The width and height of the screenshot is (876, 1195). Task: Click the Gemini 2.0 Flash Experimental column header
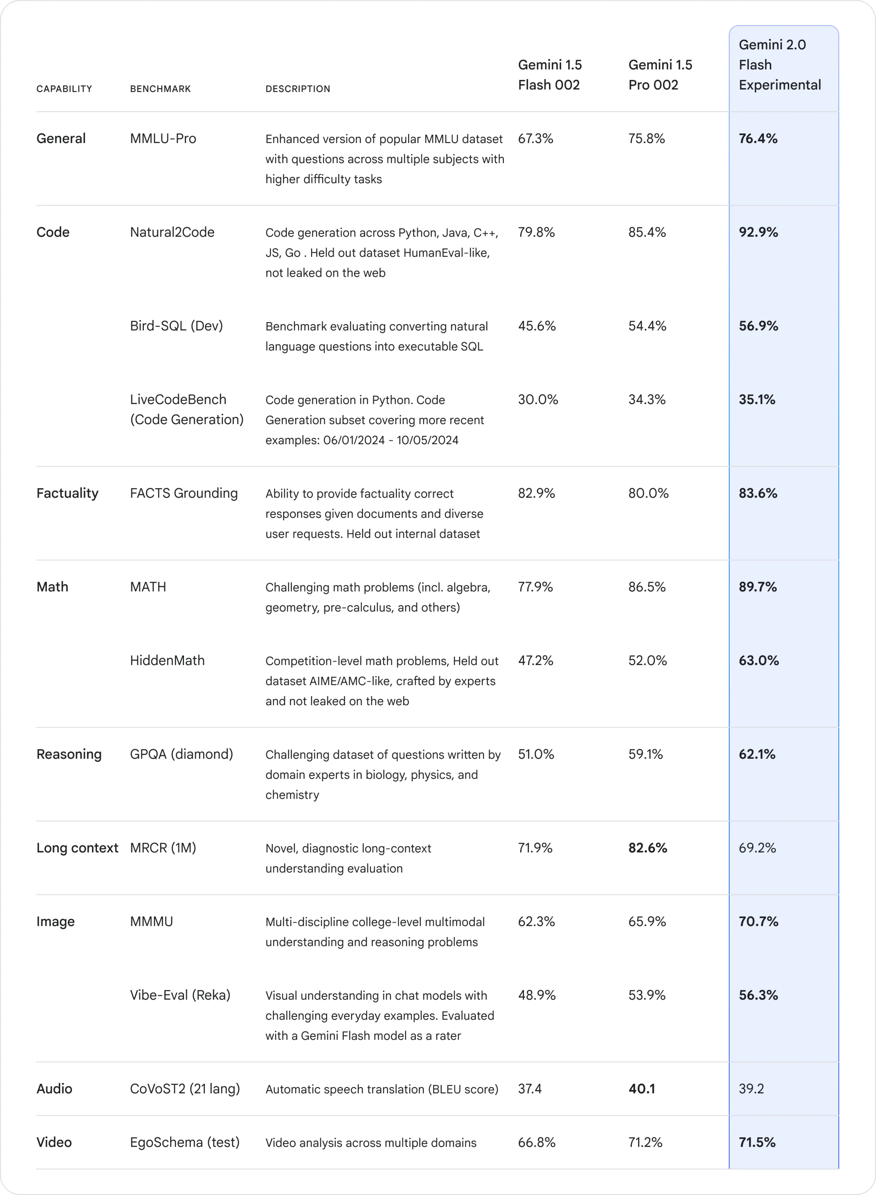click(x=779, y=65)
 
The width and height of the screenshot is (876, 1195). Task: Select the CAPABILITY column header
click(x=64, y=89)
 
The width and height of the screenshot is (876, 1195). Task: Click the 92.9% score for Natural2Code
click(x=758, y=232)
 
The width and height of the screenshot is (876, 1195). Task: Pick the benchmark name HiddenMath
click(x=167, y=660)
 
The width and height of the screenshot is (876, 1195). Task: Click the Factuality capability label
click(x=67, y=493)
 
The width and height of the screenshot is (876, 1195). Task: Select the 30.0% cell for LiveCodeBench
click(x=538, y=399)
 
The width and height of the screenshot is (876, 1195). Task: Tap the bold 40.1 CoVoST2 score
click(x=642, y=1089)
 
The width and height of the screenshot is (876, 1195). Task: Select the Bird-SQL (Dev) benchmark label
click(x=176, y=326)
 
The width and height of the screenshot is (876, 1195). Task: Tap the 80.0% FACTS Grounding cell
click(x=648, y=493)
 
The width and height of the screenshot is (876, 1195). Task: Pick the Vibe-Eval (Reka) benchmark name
click(x=180, y=995)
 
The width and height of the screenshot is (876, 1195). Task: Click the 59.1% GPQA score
click(x=645, y=754)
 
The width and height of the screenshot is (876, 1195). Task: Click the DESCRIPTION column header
click(x=298, y=89)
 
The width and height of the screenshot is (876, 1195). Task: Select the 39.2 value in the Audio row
click(x=751, y=1089)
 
